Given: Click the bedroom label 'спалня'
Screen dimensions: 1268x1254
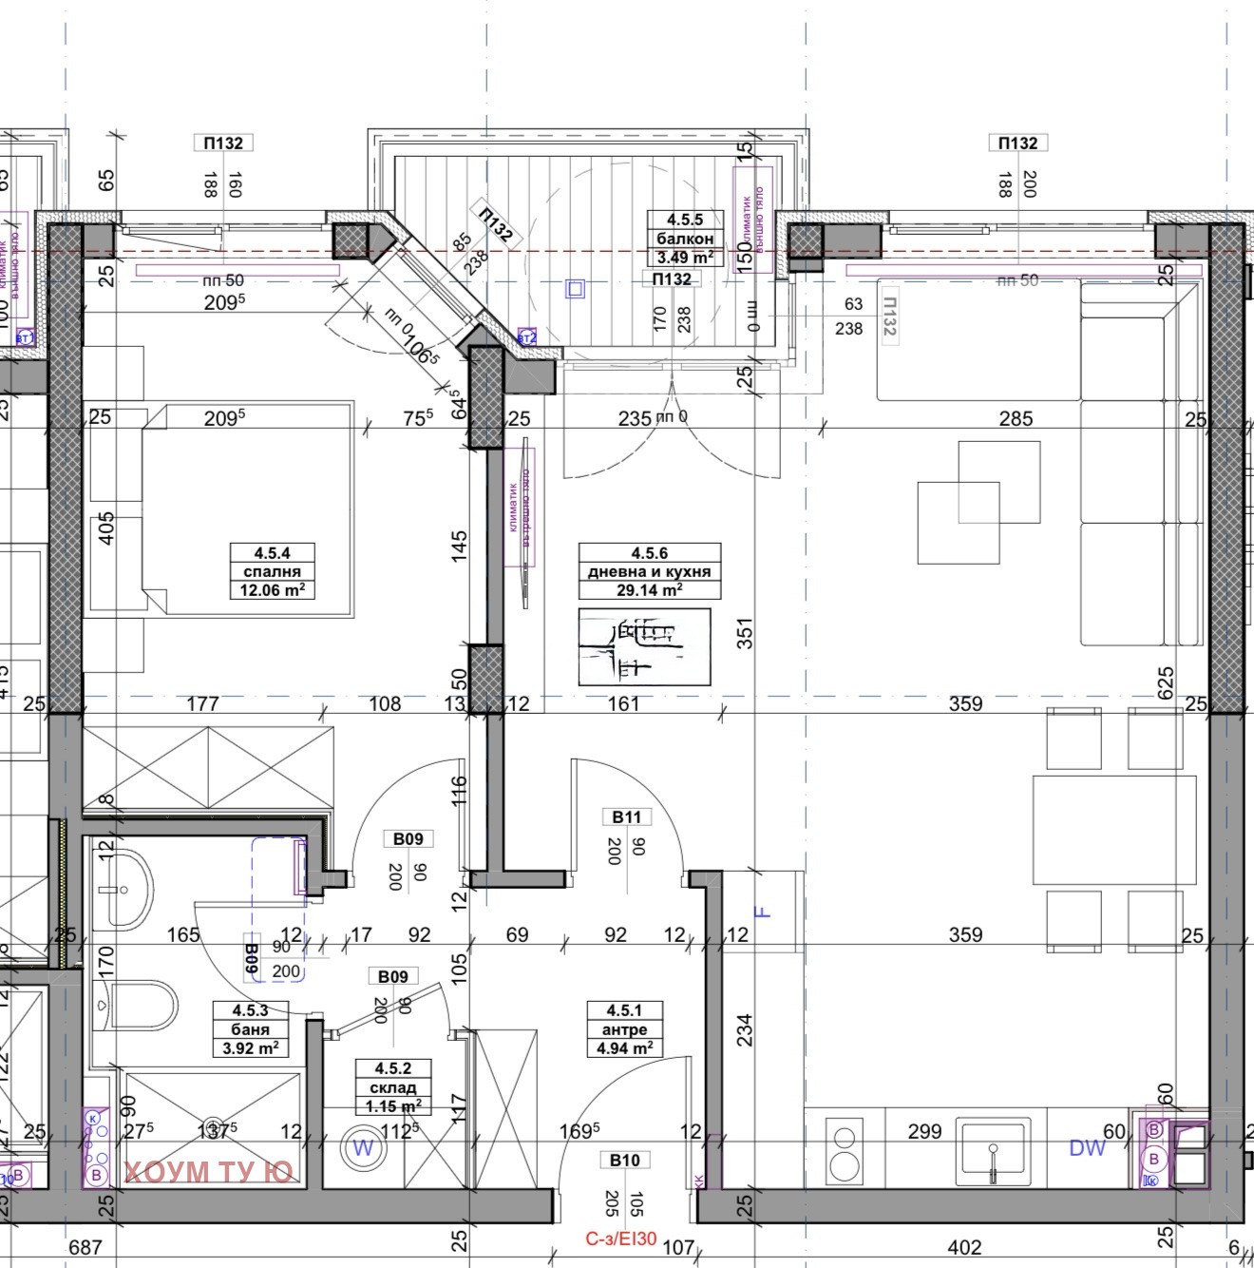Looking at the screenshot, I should pyautogui.click(x=272, y=571).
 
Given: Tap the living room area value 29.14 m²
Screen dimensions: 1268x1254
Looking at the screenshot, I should pyautogui.click(x=649, y=590).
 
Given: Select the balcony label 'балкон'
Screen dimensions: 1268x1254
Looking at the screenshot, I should pyautogui.click(x=684, y=239).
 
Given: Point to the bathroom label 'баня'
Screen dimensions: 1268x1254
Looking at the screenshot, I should pyautogui.click(x=250, y=1029).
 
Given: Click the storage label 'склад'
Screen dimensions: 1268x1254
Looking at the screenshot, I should pyautogui.click(x=392, y=1087).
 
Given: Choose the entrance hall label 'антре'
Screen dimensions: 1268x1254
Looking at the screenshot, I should pyautogui.click(x=624, y=1029).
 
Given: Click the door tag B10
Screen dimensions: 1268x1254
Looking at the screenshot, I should pyautogui.click(x=624, y=1160).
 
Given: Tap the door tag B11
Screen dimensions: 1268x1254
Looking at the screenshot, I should pyautogui.click(x=626, y=817).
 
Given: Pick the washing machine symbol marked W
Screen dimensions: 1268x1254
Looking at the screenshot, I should pyautogui.click(x=363, y=1148).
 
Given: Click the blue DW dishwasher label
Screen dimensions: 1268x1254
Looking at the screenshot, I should pyautogui.click(x=1087, y=1148).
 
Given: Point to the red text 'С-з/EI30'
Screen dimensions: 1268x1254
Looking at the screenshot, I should pyautogui.click(x=620, y=1239).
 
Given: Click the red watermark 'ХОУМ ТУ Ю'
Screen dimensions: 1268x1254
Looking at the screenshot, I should pyautogui.click(x=208, y=1171).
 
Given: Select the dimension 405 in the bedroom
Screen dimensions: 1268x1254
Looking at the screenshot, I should pyautogui.click(x=106, y=528).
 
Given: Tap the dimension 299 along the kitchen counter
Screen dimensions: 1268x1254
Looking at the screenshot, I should pyautogui.click(x=923, y=1131).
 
